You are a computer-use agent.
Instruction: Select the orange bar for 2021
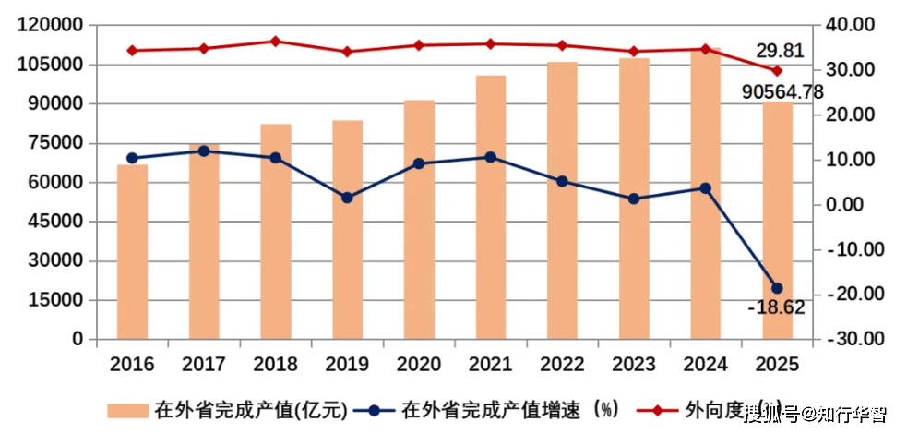(x=491, y=207)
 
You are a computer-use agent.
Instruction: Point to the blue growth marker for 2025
(x=777, y=288)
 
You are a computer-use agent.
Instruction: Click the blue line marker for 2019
(x=347, y=198)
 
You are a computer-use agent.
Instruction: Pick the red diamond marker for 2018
(x=275, y=42)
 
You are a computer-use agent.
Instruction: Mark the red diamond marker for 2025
(x=777, y=70)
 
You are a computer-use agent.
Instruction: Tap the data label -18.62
(x=776, y=307)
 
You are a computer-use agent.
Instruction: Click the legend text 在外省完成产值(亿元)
(x=250, y=410)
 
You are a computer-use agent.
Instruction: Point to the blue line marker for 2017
(x=204, y=151)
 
